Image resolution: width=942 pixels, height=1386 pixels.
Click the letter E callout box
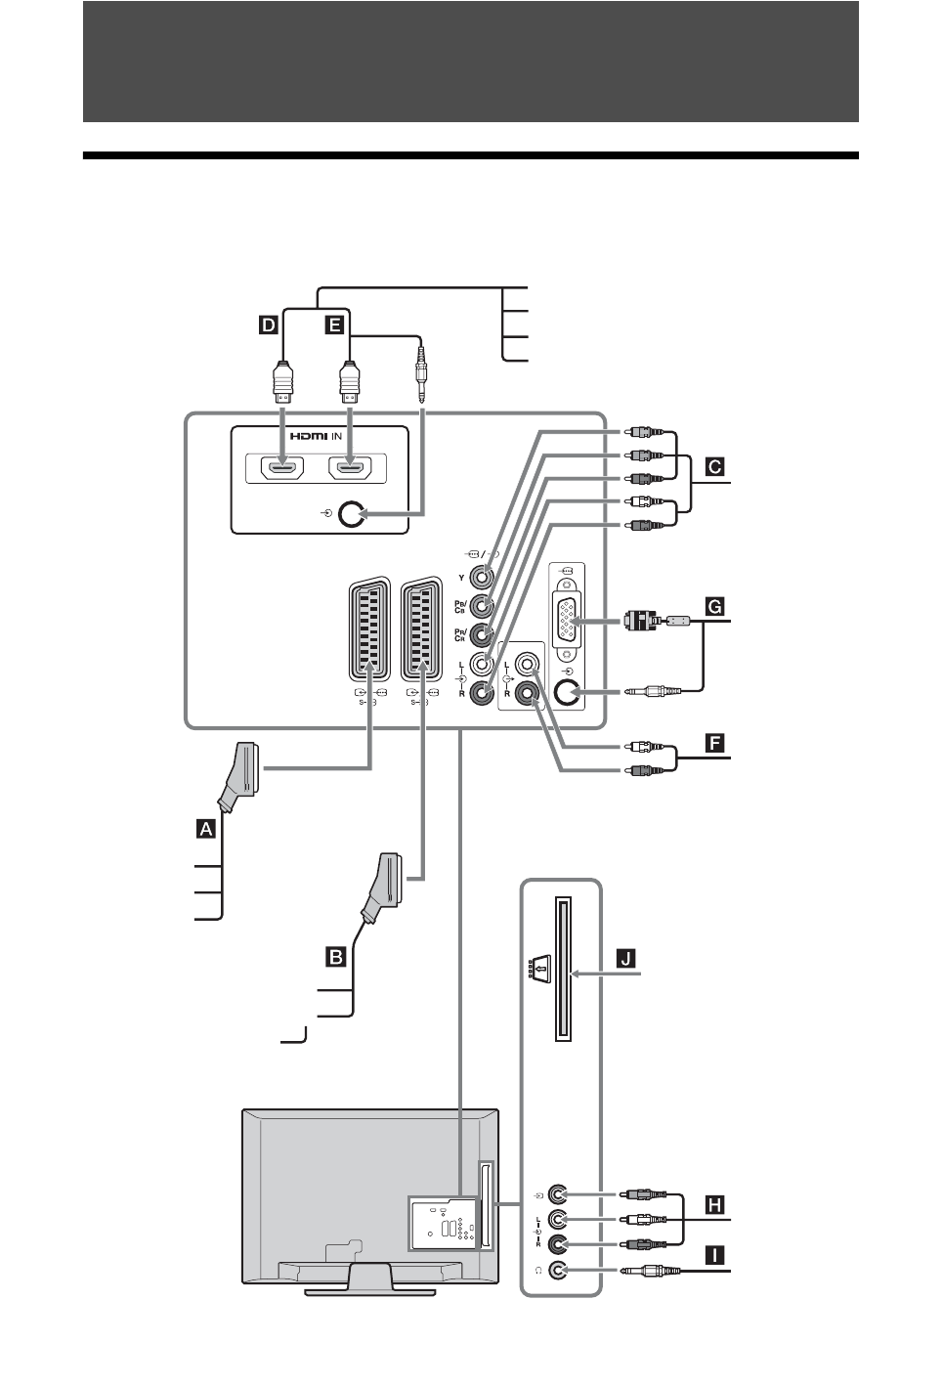334,325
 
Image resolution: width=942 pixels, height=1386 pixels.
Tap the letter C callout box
715,467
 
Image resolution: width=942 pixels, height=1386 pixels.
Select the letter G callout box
715,607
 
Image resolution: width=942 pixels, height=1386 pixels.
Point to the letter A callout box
205,829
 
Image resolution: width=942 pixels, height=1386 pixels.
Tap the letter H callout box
715,1205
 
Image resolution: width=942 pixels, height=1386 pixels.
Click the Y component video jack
482,579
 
